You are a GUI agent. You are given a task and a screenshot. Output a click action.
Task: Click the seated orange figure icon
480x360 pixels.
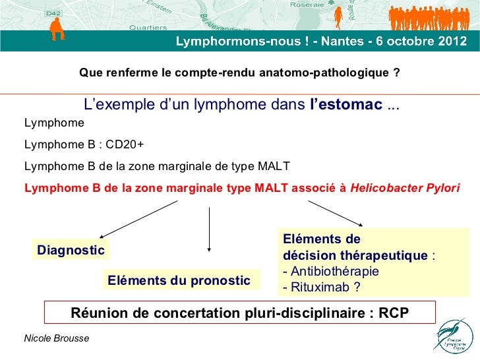point(57,29)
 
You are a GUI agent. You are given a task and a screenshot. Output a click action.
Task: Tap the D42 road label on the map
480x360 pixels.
point(53,13)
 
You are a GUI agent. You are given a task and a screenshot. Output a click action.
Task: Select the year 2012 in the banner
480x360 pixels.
point(452,41)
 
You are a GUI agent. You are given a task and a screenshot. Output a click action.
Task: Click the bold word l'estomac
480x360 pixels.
point(346,104)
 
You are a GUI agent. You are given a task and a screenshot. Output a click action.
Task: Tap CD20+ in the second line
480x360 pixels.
point(124,144)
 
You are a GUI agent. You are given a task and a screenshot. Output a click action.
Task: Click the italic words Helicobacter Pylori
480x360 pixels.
point(405,188)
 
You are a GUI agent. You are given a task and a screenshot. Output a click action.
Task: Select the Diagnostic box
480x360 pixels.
point(71,250)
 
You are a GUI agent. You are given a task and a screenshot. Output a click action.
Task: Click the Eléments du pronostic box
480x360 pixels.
point(181,280)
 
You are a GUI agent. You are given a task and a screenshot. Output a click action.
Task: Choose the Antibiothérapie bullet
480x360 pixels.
point(331,271)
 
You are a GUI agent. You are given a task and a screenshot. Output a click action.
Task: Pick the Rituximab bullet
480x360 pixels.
point(322,287)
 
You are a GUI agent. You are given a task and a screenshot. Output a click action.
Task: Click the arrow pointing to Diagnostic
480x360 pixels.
point(138,219)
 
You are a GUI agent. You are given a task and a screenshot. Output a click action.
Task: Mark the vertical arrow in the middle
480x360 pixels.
point(209,229)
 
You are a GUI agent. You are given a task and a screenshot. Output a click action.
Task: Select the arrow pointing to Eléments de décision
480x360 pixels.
point(336,214)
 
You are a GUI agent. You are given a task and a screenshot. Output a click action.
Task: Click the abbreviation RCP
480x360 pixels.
point(394,313)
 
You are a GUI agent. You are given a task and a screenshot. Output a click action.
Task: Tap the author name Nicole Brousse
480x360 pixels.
point(57,338)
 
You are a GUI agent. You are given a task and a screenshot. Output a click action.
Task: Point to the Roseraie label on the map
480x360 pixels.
point(307,5)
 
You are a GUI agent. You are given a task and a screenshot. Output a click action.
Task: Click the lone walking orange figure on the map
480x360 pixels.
point(338,18)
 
